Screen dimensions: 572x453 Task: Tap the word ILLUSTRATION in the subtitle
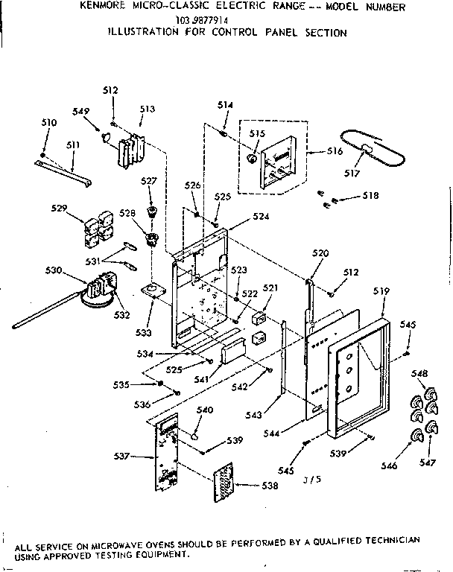(143, 33)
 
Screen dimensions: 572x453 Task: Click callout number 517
(352, 174)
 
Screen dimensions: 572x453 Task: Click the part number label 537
(120, 456)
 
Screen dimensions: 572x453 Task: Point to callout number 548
(420, 372)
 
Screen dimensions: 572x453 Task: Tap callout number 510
(48, 121)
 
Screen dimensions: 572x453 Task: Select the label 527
(149, 180)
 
